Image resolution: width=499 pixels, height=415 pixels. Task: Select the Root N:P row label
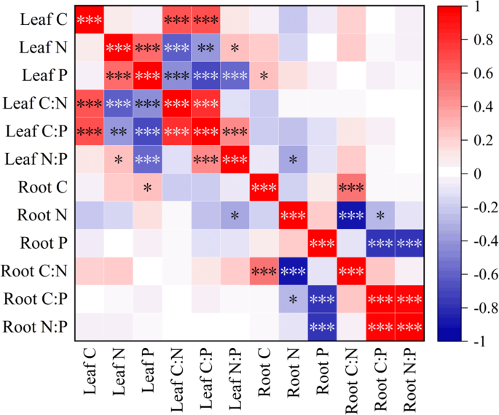click(x=36, y=328)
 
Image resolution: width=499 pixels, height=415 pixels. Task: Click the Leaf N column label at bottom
click(x=119, y=376)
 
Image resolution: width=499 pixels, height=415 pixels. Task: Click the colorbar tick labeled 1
click(x=477, y=6)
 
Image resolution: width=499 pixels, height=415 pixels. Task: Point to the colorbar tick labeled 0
click(x=477, y=174)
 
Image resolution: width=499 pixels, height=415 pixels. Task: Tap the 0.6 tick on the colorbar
click(x=481, y=73)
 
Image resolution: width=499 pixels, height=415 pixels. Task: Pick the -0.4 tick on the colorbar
click(x=482, y=241)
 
